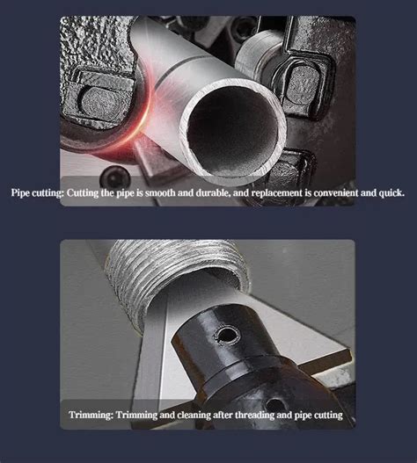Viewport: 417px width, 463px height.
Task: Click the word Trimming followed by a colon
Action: point(91,414)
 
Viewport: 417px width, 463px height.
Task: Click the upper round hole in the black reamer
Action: point(229,335)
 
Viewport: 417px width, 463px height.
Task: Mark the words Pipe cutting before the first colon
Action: point(34,191)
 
